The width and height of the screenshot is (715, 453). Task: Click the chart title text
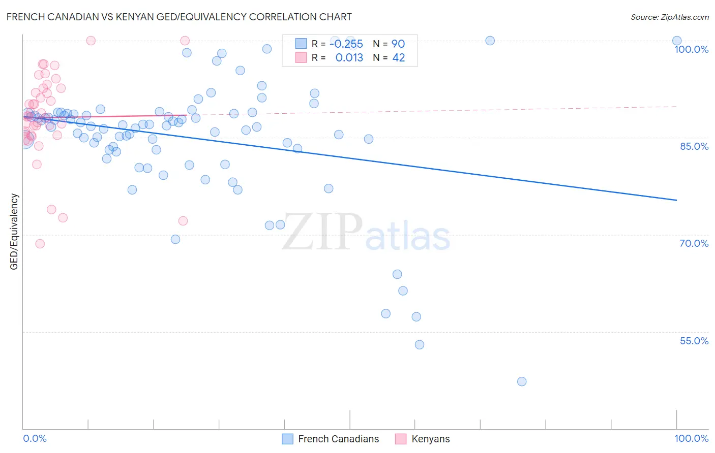179,17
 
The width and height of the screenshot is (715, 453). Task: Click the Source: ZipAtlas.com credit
669,17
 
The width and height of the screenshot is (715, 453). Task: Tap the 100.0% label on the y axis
691,49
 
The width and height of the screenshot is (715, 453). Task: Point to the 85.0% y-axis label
694,146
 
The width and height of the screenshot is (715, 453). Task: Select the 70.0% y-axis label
694,243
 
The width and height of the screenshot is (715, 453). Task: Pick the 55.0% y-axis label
694,341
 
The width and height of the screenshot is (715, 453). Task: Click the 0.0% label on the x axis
35,438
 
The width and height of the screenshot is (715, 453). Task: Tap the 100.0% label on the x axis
691,438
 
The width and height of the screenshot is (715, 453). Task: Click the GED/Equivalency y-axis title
14,232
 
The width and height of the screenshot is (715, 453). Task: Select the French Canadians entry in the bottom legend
338,439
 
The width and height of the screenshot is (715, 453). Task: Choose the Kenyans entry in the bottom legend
430,439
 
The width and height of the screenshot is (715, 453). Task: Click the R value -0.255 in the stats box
346,44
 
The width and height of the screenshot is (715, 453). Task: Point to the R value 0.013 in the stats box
349,58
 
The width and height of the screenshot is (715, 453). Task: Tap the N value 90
398,44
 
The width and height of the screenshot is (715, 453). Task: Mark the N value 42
399,58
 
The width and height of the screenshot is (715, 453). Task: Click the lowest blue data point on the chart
521,381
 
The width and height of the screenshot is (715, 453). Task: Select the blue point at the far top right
676,41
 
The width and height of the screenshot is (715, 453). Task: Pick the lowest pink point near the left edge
40,244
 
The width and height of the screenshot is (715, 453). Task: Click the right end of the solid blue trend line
676,200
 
